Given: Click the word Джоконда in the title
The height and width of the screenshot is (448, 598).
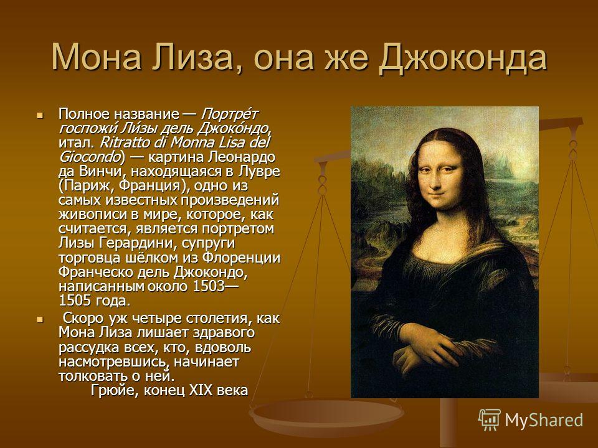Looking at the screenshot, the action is pyautogui.click(x=463, y=58).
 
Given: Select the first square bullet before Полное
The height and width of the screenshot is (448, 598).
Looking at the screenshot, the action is pyautogui.click(x=40, y=114).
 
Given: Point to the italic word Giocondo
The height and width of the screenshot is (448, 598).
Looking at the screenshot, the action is pyautogui.click(x=90, y=157).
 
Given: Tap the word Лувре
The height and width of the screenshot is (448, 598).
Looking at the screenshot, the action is pyautogui.click(x=259, y=172).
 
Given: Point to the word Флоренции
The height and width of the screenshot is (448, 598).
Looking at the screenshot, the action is pyautogui.click(x=241, y=258).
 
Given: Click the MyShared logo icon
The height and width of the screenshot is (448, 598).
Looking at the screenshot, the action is pyautogui.click(x=490, y=420).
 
